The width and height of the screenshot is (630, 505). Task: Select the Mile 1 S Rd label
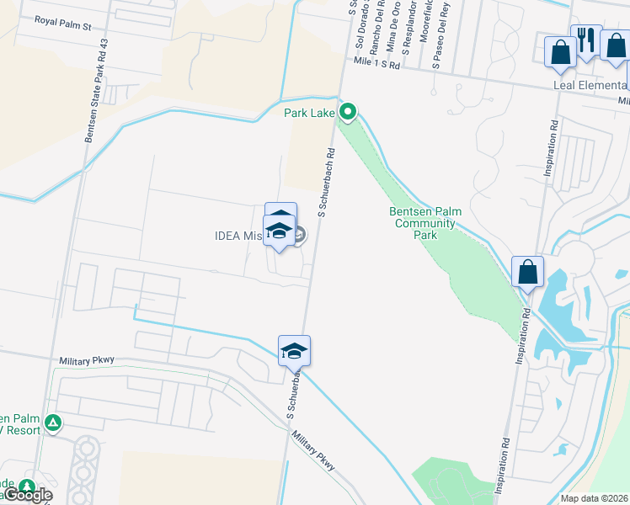click(376, 63)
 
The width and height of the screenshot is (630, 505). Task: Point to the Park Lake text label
click(309, 112)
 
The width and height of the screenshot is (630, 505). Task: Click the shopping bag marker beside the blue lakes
click(528, 273)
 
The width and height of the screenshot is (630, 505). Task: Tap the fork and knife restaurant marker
click(585, 40)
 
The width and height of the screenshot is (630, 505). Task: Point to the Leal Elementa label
click(590, 84)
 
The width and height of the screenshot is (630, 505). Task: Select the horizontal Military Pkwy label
click(86, 360)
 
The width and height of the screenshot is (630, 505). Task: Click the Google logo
click(29, 495)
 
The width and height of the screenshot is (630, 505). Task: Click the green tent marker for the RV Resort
click(53, 423)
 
